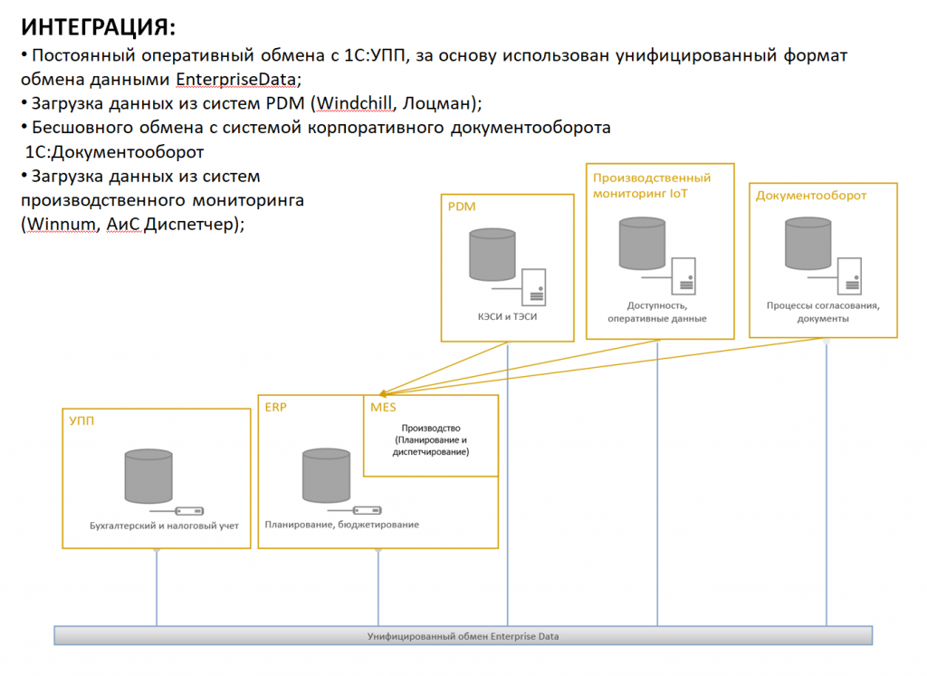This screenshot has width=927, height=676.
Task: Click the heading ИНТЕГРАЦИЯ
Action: tap(98, 27)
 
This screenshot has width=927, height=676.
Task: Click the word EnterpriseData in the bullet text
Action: tap(236, 80)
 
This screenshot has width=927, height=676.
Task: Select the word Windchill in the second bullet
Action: tap(354, 103)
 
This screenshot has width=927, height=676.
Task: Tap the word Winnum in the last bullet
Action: tap(61, 224)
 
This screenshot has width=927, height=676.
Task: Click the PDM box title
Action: tap(462, 207)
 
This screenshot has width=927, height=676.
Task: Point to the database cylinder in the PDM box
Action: tap(492, 255)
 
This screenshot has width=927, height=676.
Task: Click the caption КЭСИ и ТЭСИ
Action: tap(507, 316)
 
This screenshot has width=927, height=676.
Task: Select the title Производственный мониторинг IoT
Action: tap(652, 185)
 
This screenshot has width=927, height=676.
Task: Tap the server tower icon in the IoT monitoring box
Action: tap(683, 275)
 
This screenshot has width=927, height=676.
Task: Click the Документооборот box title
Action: tap(811, 196)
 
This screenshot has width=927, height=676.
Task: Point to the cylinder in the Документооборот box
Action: tap(808, 244)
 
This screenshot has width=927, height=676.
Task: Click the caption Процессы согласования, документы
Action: tap(823, 312)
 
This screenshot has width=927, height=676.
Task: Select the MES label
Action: tap(383, 407)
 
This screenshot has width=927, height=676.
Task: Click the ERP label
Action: tap(275, 407)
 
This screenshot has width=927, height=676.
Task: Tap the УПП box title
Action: tap(81, 420)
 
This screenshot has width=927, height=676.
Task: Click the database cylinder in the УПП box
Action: tap(148, 477)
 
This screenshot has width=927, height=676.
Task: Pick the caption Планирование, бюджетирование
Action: tap(341, 525)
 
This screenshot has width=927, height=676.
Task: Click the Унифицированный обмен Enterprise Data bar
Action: tap(463, 636)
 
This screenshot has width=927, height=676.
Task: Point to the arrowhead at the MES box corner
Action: tap(383, 393)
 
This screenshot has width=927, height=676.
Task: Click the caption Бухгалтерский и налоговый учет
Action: tap(165, 526)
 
